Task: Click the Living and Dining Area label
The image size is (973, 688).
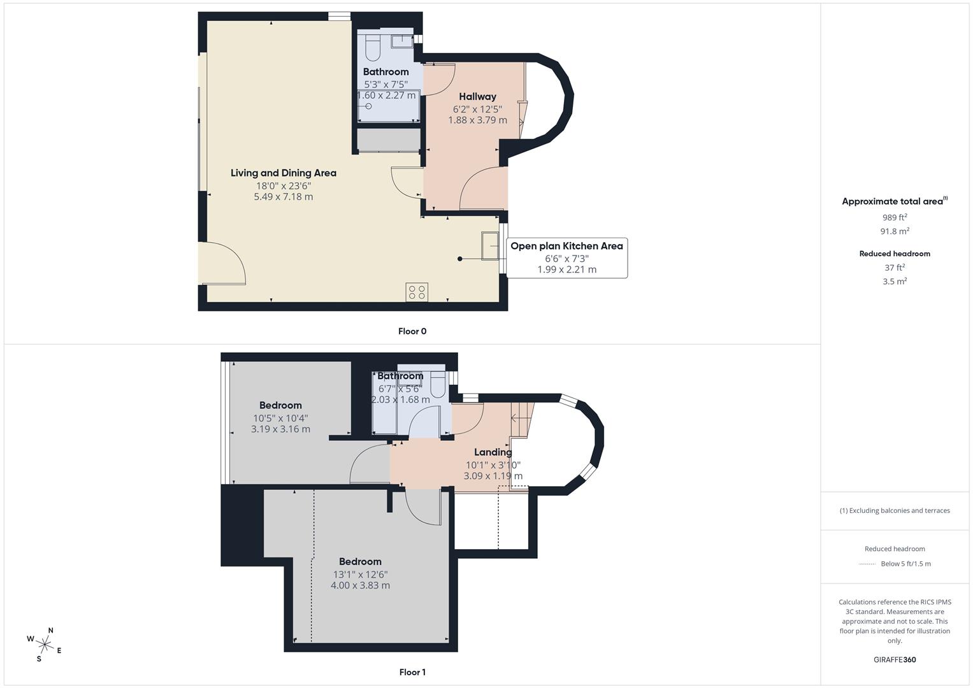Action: pyautogui.click(x=283, y=173)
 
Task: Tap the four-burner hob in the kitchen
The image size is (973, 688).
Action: pyautogui.click(x=417, y=292)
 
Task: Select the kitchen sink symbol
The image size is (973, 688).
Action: pyautogui.click(x=490, y=246)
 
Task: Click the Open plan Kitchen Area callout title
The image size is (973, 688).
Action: pyautogui.click(x=566, y=246)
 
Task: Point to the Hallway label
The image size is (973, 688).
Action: pyautogui.click(x=477, y=97)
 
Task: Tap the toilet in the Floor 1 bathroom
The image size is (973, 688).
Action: pyautogui.click(x=438, y=385)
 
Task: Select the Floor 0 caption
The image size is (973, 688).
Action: pyautogui.click(x=412, y=331)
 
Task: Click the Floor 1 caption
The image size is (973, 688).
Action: pyautogui.click(x=412, y=672)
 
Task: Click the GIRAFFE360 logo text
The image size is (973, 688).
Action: pyautogui.click(x=895, y=659)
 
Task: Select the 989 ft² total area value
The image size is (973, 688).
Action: pyautogui.click(x=895, y=217)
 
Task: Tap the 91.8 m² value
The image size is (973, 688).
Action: pyautogui.click(x=895, y=231)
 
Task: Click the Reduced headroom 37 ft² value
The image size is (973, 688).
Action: pyautogui.click(x=895, y=268)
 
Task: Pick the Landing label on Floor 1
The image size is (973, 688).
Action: pyautogui.click(x=493, y=452)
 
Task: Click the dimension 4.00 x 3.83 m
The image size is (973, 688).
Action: pyautogui.click(x=360, y=585)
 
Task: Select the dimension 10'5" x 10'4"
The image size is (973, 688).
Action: pyautogui.click(x=280, y=418)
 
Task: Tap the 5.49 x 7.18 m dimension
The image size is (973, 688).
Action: pyautogui.click(x=283, y=197)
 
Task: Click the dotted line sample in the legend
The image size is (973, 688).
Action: pyautogui.click(x=867, y=564)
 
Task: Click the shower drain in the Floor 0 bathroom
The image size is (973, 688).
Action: pyautogui.click(x=368, y=106)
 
